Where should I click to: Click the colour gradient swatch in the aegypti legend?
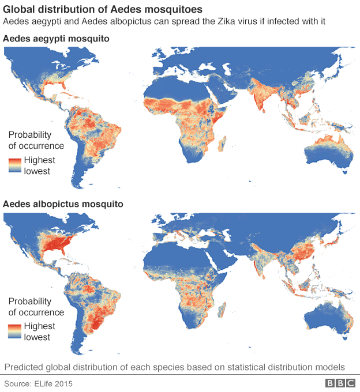15,165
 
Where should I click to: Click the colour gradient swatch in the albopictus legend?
15,331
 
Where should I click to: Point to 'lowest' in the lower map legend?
37,337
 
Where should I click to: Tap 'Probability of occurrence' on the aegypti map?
36,140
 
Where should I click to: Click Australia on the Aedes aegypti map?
327,151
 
